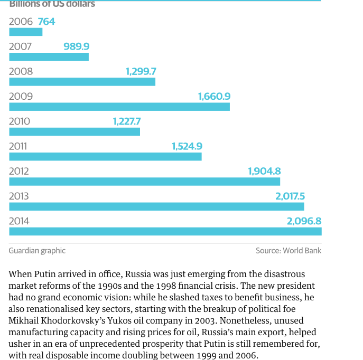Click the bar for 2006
[25, 32]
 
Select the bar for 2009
[119, 107]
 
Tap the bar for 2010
[75, 131]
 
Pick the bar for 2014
[165, 231]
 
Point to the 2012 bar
[144, 182]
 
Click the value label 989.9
[77, 46]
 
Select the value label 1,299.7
[141, 71]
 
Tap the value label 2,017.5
[290, 196]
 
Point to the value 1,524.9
[187, 146]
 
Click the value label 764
[46, 22]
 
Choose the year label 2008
[21, 71]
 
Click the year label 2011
[18, 146]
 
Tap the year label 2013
[19, 196]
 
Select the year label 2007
[20, 46]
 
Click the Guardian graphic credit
[37, 251]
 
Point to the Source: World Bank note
[288, 251]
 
